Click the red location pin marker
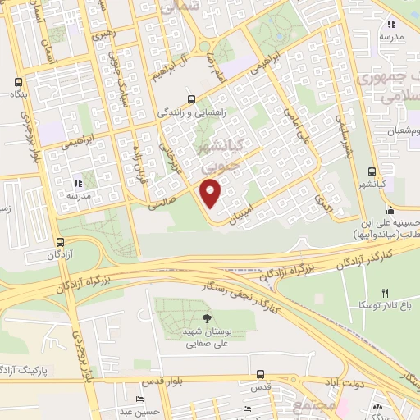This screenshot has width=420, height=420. pos(212,194)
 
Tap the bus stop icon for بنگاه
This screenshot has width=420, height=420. pos(18,83)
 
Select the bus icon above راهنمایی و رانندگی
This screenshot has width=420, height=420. pos(191,96)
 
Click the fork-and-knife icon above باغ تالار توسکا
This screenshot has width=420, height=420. pos(384,293)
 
